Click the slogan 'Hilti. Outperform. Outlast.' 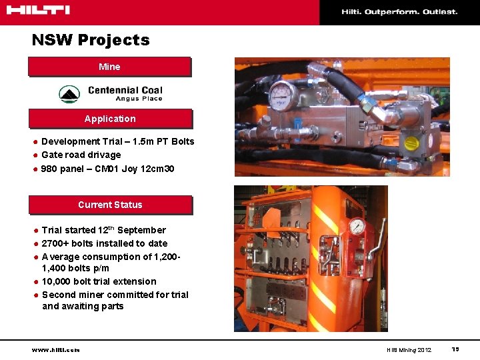tap(399, 11)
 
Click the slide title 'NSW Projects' tap(91, 40)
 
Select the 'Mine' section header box tap(109, 67)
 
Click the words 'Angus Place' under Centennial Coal tap(139, 99)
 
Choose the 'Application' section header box tap(109, 119)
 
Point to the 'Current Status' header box tap(109, 205)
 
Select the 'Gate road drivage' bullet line tap(81, 155)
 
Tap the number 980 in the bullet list tap(49, 169)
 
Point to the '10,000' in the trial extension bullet tap(56, 281)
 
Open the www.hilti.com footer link tap(55, 350)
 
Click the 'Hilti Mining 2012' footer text tap(409, 350)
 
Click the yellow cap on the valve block tap(411, 143)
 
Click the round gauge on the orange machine tap(357, 226)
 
